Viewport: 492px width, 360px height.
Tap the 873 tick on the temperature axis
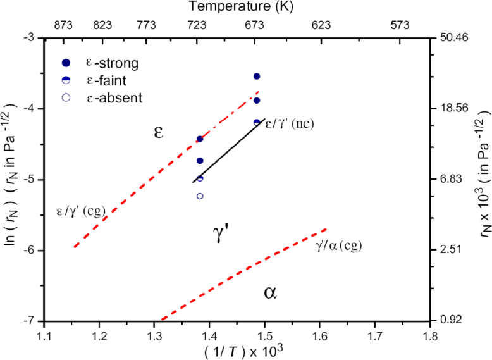64,26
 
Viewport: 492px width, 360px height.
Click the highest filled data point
257,77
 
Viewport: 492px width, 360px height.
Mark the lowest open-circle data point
200,196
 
